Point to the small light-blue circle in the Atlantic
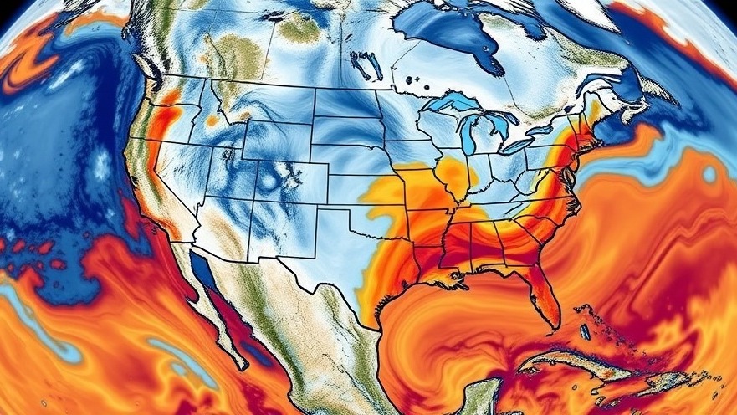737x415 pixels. pyautogui.click(x=709, y=174)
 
